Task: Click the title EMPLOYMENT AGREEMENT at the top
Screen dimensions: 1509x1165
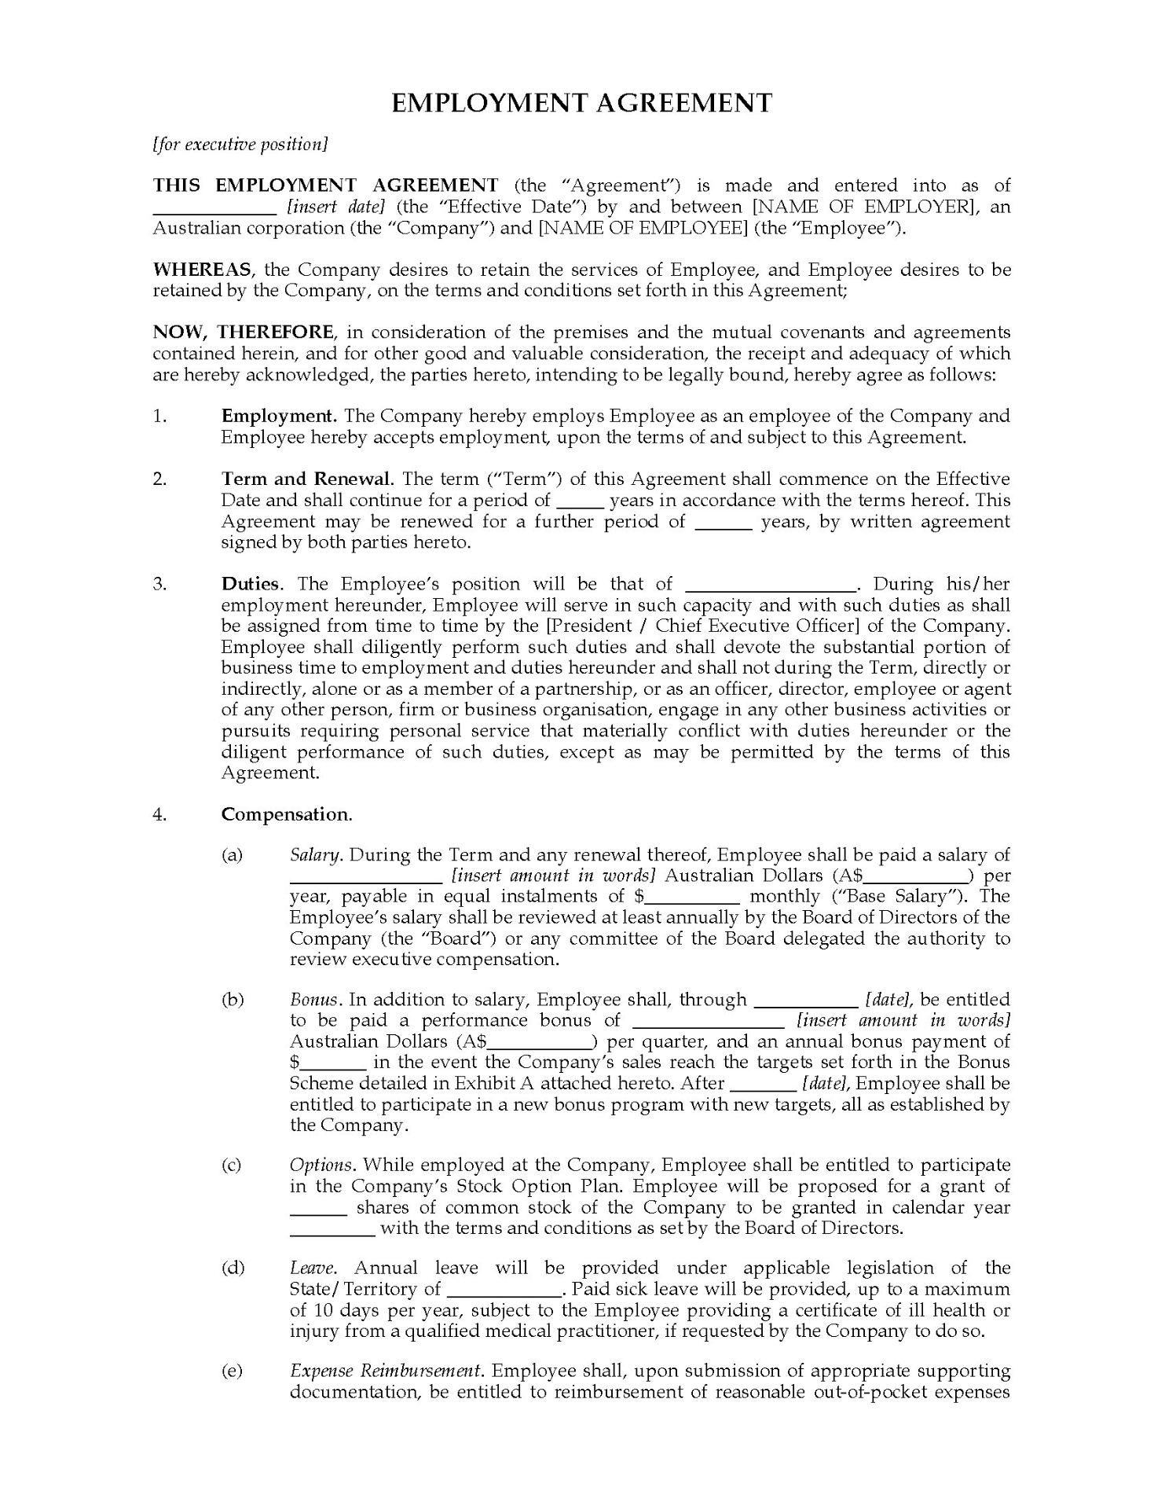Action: (581, 103)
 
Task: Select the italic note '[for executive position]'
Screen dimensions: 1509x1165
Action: (240, 145)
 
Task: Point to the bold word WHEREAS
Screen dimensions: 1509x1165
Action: (202, 270)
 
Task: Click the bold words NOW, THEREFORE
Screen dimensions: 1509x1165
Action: (244, 332)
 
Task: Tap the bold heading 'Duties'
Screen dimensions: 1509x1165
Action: (250, 584)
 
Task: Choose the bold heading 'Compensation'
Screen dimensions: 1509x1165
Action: (285, 814)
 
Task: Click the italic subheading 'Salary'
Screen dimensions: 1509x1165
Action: (315, 855)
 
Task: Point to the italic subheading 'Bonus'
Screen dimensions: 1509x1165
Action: (314, 1000)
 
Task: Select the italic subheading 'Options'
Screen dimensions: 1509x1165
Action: (322, 1165)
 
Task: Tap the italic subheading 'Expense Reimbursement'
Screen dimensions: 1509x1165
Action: (385, 1371)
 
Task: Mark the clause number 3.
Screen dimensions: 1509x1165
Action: (159, 584)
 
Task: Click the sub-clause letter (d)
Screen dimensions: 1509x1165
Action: (233, 1268)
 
